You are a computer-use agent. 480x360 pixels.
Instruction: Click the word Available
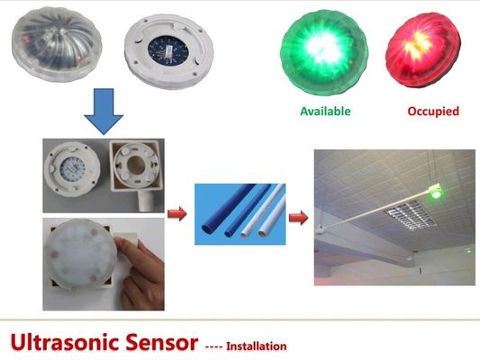click(x=325, y=111)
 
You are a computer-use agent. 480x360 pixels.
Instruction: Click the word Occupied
click(x=433, y=112)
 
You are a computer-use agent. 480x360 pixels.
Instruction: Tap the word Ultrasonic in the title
click(x=67, y=342)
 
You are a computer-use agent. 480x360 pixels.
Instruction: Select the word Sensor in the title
click(x=161, y=342)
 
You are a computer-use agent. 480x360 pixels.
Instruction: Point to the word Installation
click(x=257, y=346)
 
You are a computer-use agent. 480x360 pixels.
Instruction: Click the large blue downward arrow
click(x=104, y=112)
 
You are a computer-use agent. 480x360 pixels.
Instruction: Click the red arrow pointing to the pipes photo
click(x=177, y=213)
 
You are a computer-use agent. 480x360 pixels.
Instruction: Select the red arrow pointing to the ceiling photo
click(x=298, y=218)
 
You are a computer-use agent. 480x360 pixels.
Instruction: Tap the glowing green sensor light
click(x=324, y=52)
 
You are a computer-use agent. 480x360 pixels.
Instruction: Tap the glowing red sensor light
click(x=422, y=49)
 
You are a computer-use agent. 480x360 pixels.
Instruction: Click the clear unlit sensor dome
click(x=57, y=44)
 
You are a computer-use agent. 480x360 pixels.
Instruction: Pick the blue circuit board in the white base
click(x=168, y=49)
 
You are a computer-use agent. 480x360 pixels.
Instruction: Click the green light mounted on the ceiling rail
click(x=436, y=193)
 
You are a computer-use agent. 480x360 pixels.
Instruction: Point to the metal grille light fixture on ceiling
click(x=410, y=214)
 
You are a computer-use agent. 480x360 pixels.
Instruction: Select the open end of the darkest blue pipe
click(x=207, y=229)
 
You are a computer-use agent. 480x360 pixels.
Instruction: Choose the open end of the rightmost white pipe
click(x=263, y=234)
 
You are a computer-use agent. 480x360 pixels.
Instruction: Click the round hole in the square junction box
click(x=136, y=166)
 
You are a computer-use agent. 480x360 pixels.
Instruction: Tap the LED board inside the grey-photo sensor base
click(x=73, y=168)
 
